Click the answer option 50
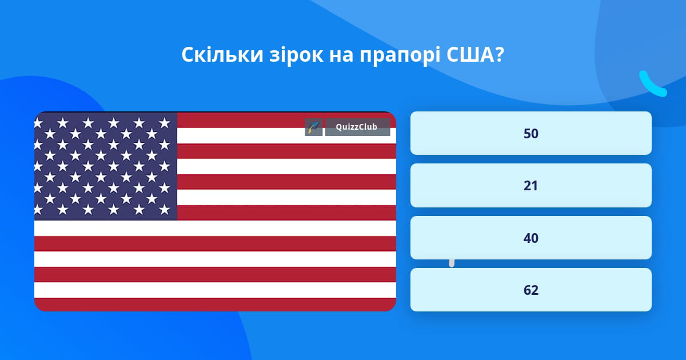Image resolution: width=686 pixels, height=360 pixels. click(531, 133)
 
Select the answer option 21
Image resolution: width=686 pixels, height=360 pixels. click(531, 186)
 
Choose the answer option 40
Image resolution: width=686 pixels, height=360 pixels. click(531, 238)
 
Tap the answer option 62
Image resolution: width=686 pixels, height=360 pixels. click(531, 290)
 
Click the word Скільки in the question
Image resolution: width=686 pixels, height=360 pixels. click(222, 55)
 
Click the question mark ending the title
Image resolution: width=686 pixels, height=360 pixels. click(498, 55)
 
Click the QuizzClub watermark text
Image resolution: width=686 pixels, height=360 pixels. click(357, 127)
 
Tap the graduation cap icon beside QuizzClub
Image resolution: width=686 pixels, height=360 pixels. click(314, 127)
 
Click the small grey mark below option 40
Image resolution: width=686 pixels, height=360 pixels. click(452, 263)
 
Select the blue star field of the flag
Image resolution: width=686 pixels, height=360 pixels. click(106, 166)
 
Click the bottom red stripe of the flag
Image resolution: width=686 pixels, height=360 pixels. click(215, 305)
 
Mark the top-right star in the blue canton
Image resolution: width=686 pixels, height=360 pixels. click(165, 123)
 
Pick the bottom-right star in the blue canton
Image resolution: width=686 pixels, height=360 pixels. click(165, 210)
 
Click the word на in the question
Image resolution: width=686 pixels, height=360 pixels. click(341, 57)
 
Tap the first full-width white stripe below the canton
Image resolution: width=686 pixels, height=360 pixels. click(215, 229)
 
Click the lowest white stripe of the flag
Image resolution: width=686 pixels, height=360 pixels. click(215, 290)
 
